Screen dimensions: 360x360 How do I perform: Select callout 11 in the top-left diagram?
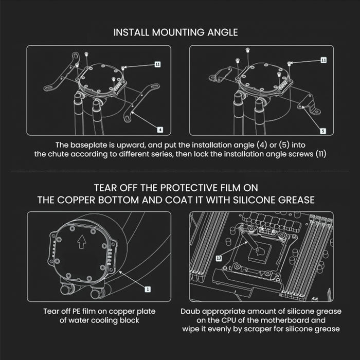tap(157, 64)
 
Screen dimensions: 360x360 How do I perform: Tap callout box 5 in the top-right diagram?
tap(322, 131)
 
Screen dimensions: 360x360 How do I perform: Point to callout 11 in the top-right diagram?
tap(323, 60)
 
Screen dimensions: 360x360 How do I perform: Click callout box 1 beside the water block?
tap(147, 290)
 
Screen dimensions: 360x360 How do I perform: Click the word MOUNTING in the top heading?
tap(175, 32)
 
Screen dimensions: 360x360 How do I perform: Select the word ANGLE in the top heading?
tap(222, 32)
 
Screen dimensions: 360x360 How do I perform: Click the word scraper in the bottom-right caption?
tap(273, 329)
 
